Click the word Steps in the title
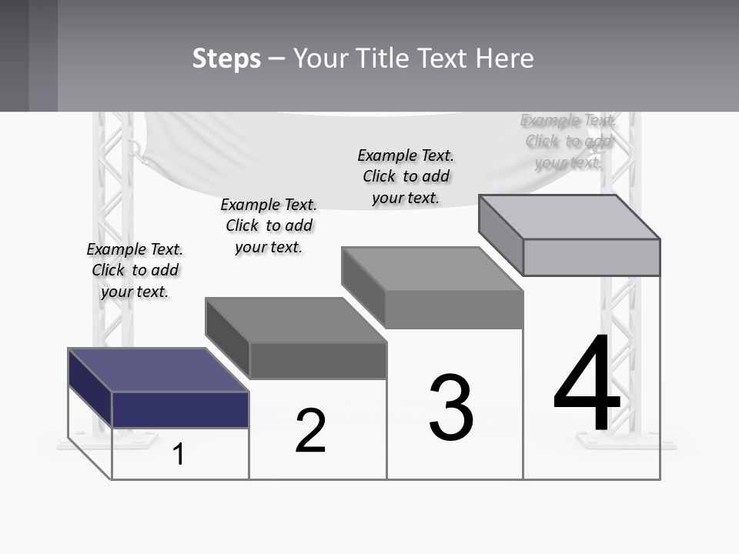pyautogui.click(x=226, y=58)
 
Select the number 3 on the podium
pyautogui.click(x=451, y=408)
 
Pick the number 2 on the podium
pyautogui.click(x=311, y=431)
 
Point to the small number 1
pyautogui.click(x=179, y=454)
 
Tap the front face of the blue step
pyautogui.click(x=180, y=409)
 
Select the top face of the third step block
pyautogui.click(x=432, y=269)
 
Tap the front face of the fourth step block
pyautogui.click(x=591, y=257)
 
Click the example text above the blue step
pyautogui.click(x=135, y=270)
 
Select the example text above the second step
pyautogui.click(x=269, y=225)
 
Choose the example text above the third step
pyautogui.click(x=406, y=176)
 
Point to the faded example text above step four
pyautogui.click(x=568, y=141)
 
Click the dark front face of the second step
pyautogui.click(x=318, y=361)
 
